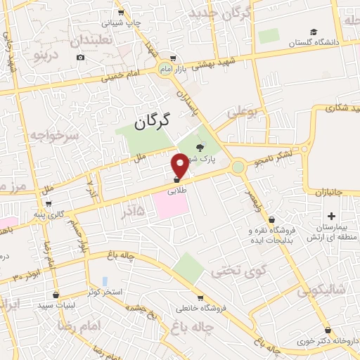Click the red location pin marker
point(180,165)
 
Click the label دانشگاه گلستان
point(314,43)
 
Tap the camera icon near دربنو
point(81,57)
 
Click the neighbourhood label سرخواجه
point(48,134)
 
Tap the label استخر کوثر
point(103,291)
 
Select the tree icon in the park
point(199,148)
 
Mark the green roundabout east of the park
point(238,167)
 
